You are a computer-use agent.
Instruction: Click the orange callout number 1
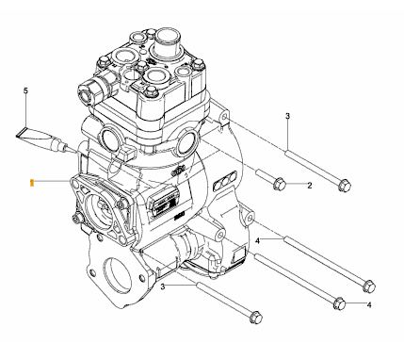pyautogui.click(x=31, y=183)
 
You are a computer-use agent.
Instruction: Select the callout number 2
pyautogui.click(x=310, y=186)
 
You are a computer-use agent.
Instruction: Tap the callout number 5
pyautogui.click(x=25, y=90)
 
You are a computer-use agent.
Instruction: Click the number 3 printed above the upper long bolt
pyautogui.click(x=287, y=116)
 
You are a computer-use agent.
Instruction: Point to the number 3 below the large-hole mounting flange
pyautogui.click(x=162, y=286)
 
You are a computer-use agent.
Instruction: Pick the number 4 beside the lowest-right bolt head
pyautogui.click(x=369, y=304)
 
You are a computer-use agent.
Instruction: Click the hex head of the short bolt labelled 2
pyautogui.click(x=279, y=184)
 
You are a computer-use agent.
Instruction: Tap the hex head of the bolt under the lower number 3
pyautogui.click(x=256, y=318)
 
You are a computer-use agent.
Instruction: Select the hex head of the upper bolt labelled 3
pyautogui.click(x=345, y=186)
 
